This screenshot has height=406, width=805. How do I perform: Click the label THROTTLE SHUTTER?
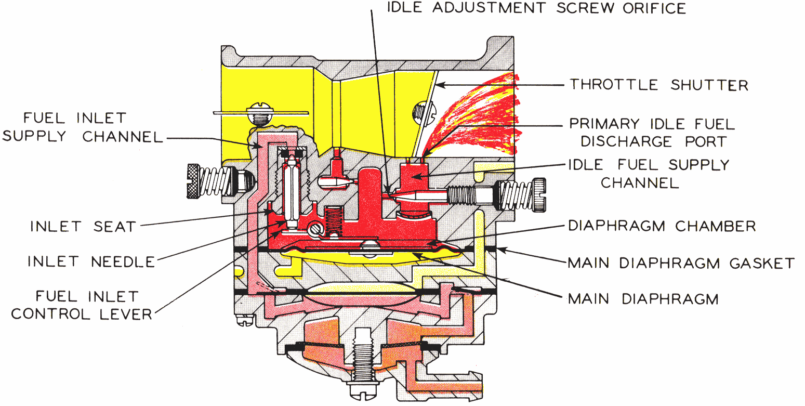[659, 85]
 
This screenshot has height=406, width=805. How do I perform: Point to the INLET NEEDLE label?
[91, 261]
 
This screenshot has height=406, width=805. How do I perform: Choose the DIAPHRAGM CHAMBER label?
[662, 226]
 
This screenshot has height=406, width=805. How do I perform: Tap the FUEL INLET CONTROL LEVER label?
[81, 305]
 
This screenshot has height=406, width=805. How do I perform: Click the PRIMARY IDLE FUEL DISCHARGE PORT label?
[652, 133]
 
